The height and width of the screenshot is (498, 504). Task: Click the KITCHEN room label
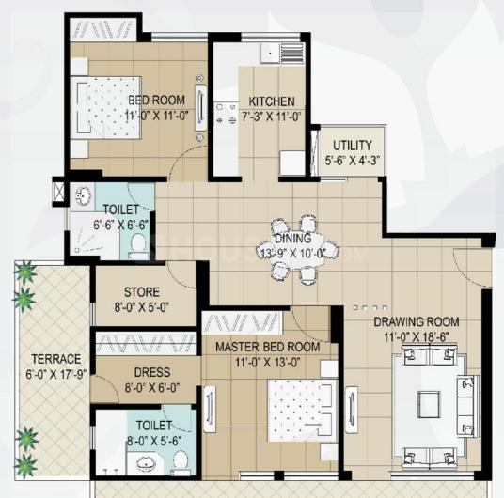click(x=272, y=101)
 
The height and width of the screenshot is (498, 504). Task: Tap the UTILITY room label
click(x=353, y=146)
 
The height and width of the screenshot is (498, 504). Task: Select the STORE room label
click(x=142, y=292)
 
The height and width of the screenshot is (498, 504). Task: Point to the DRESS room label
click(x=152, y=372)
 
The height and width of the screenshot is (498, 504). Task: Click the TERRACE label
click(x=56, y=359)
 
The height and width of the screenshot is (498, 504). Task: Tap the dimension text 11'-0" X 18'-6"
click(x=417, y=337)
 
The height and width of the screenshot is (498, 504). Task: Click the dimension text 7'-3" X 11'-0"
click(x=272, y=117)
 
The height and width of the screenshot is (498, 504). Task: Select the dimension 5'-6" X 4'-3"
click(x=353, y=161)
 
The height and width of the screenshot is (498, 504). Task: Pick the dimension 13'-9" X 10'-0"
click(x=292, y=253)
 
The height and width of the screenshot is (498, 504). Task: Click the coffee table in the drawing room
click(x=429, y=404)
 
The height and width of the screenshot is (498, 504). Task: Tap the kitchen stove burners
click(x=227, y=114)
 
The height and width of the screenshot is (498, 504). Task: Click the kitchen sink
click(x=270, y=53)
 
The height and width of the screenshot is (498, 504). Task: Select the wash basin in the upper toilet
click(x=84, y=195)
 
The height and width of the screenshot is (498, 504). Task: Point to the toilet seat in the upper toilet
click(x=138, y=244)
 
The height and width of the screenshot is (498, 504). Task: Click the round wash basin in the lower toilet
click(x=147, y=463)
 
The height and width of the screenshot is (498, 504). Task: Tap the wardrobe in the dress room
click(x=147, y=344)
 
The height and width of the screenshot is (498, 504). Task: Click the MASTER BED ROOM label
click(x=267, y=347)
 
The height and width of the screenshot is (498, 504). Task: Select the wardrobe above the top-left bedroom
click(x=102, y=29)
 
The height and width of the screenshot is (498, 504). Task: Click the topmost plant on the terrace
click(x=25, y=272)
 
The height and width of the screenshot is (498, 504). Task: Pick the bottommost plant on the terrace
click(x=25, y=465)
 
